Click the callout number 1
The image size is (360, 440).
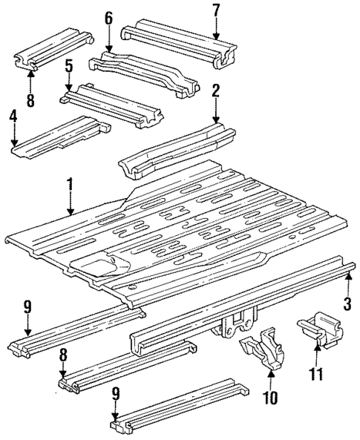pos(70,183)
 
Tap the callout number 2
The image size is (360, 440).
pos(215,92)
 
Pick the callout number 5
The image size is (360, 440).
pos(68,67)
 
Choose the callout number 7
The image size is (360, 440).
pos(216,10)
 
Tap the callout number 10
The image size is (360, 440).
pos(270,398)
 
